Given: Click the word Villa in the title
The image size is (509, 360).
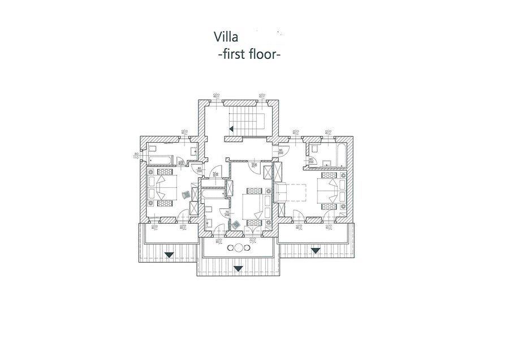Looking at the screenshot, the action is pyautogui.click(x=226, y=37).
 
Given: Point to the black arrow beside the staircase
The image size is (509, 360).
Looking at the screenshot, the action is pyautogui.click(x=231, y=129).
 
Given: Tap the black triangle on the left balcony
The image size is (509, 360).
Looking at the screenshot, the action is pyautogui.click(x=169, y=254).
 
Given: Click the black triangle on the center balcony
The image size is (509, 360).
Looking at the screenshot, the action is pyautogui.click(x=238, y=268).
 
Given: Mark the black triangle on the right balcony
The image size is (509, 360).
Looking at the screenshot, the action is pyautogui.click(x=315, y=250).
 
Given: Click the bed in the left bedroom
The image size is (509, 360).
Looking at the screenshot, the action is pyautogui.click(x=162, y=187).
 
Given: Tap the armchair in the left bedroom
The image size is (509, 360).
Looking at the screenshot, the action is pyautogui.click(x=187, y=194).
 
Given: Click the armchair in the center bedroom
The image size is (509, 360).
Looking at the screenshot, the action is pyautogui.click(x=236, y=224).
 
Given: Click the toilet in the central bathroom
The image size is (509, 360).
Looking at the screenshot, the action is pyautogui.click(x=209, y=212).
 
